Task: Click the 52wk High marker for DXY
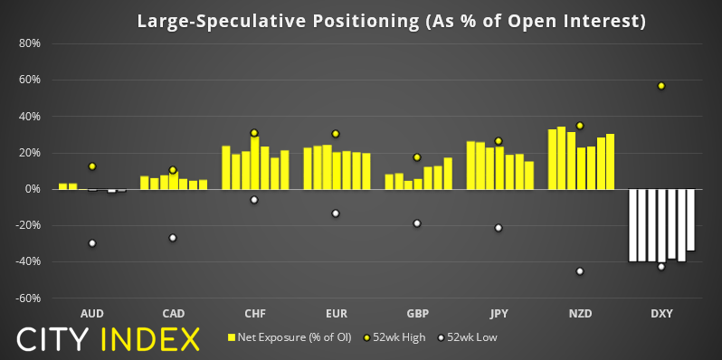661,86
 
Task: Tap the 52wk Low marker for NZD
580,271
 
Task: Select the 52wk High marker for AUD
92,166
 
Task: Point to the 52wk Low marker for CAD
173,238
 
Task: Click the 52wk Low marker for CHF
254,200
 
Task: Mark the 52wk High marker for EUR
336,134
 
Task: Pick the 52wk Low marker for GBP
417,223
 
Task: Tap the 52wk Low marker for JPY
499,227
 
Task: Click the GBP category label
417,314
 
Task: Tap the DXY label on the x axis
661,314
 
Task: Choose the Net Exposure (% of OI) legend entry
290,337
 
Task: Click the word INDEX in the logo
149,340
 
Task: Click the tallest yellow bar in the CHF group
254,163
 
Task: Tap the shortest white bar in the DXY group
690,220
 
